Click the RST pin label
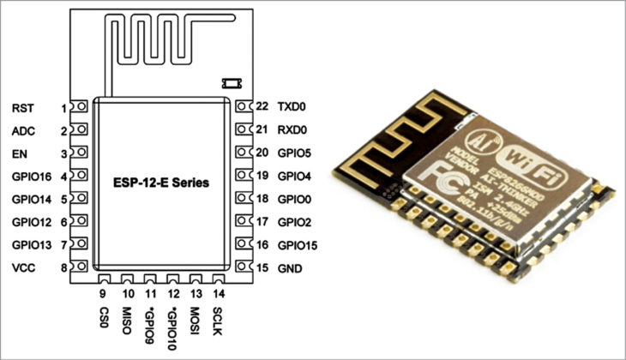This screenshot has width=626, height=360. pos(22,108)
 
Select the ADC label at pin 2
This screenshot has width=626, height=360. pos(23,131)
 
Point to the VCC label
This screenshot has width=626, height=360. pos(23,268)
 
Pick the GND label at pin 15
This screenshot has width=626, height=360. pos(289,268)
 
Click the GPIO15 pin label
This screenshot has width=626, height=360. pos(298,245)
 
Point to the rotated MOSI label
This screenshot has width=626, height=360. pos(196,318)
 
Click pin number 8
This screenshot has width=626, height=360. pos(63,268)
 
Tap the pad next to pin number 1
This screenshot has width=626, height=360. pos(81,108)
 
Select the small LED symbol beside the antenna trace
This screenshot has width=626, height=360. pos(229,83)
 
